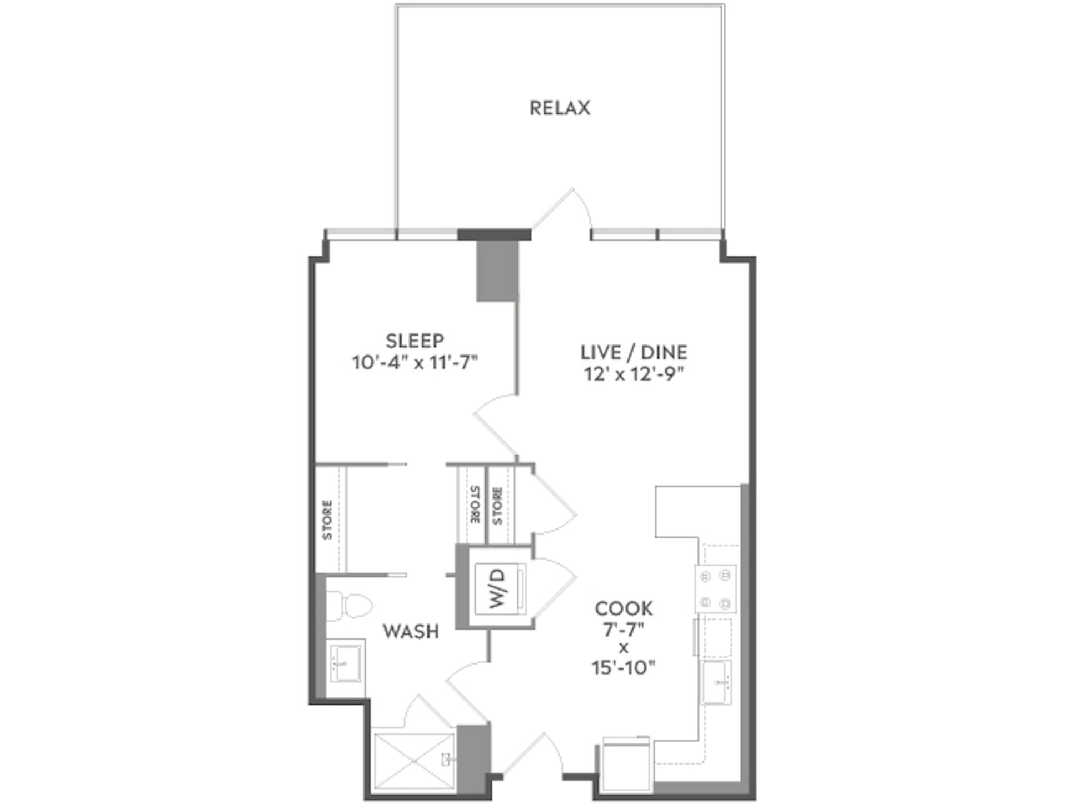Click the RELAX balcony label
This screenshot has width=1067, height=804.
[560, 108]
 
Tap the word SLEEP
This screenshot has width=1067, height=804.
[415, 340]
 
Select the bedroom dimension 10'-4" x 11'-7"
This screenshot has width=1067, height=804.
[415, 363]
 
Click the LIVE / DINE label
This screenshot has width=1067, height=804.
[634, 352]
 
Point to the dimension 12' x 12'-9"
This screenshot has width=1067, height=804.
[634, 374]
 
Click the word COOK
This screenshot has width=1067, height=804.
[624, 608]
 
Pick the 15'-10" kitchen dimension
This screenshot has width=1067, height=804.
[624, 667]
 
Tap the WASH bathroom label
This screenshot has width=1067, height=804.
[411, 631]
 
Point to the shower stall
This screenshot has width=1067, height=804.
[414, 761]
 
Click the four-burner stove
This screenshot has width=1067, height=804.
[715, 590]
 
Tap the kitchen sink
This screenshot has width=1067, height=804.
[716, 682]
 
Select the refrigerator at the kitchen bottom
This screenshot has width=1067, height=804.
[626, 765]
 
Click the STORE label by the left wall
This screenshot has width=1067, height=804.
[327, 520]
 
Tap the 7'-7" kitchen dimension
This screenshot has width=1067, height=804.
[624, 630]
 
